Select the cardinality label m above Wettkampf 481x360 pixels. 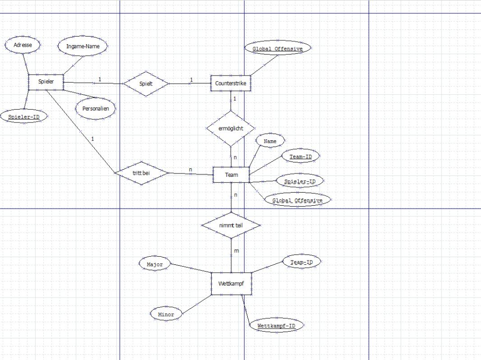237,251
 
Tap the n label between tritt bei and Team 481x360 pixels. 190,170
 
